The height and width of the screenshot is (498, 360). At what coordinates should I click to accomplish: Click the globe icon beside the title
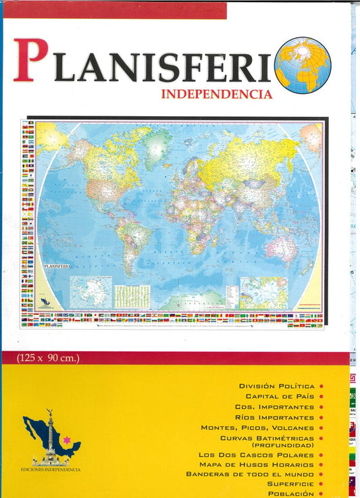[302, 65]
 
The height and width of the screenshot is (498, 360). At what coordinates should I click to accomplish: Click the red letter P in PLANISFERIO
[31, 61]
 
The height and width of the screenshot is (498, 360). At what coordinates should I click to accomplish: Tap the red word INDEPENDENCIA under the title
[216, 94]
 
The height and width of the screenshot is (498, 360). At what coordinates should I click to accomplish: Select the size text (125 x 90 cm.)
[50, 358]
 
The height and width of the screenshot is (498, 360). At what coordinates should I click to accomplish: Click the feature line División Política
[276, 386]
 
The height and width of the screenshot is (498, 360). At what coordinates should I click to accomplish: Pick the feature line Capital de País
[280, 396]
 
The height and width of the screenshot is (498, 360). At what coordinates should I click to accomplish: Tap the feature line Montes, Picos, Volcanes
[257, 428]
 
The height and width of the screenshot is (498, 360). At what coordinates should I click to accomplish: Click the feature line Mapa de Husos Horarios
[257, 464]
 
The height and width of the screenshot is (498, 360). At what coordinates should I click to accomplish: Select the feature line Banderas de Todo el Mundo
[250, 474]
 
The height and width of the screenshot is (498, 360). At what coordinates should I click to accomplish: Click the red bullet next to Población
[321, 494]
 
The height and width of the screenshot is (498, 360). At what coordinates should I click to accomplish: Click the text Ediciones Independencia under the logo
[51, 470]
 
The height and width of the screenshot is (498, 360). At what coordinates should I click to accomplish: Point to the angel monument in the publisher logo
[49, 436]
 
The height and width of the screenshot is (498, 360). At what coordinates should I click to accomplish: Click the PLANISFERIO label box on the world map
[57, 266]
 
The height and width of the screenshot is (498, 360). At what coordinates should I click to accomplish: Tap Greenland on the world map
[158, 142]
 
